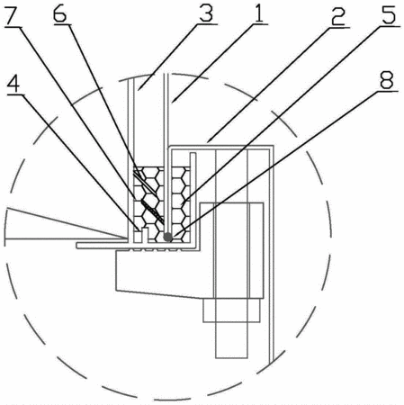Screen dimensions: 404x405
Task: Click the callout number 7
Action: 11,15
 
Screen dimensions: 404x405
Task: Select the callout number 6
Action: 59,13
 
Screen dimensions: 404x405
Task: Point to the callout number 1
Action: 258,13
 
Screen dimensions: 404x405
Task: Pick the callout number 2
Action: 338,16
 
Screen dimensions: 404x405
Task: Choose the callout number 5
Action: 389,14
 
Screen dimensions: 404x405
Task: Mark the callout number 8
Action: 387,80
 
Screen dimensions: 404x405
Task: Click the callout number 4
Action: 13,83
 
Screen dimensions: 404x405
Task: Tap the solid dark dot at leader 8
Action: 167,238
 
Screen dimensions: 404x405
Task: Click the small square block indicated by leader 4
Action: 138,237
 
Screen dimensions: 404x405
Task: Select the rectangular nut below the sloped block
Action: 231,310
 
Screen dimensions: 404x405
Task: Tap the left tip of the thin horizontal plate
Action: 77,246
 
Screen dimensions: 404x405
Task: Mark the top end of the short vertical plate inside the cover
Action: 193,153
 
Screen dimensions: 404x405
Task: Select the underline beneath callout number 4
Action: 15,94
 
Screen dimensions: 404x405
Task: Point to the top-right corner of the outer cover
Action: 274,146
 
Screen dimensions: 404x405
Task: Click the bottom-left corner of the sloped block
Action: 116,290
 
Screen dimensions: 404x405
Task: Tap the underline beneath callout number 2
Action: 338,27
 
